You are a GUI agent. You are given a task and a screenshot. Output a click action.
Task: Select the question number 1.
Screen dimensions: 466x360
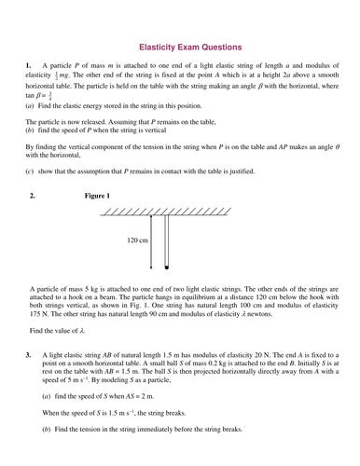(29, 66)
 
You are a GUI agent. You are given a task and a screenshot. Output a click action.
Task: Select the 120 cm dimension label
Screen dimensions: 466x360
(137, 240)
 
